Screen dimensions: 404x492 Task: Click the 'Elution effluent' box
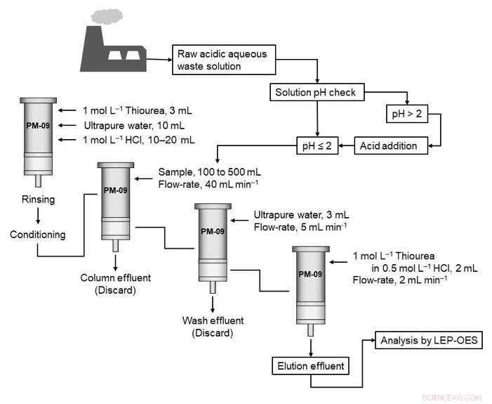pos(310,365)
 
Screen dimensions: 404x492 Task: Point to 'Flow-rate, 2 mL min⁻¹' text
pos(401,279)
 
